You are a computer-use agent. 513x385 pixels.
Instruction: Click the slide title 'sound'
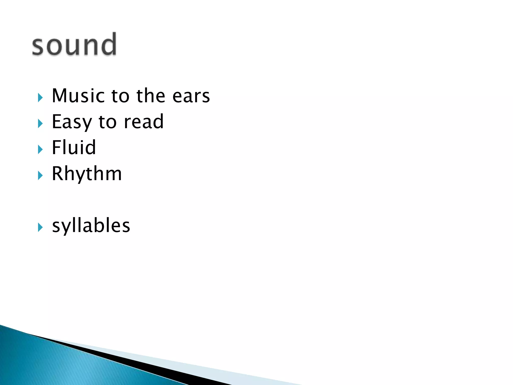(74, 45)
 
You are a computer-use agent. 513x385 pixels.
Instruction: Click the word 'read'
(144, 122)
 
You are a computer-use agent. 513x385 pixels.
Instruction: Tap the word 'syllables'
(91, 226)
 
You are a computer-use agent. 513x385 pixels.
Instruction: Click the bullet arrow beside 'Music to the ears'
(40, 98)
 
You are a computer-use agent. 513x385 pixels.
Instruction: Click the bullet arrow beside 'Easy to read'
(40, 124)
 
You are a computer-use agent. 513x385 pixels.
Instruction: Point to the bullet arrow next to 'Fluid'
(40, 150)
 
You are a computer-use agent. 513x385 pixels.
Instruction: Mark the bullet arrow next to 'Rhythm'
(40, 175)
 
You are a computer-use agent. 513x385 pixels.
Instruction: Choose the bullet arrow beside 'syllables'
(40, 228)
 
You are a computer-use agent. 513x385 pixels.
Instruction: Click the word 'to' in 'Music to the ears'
(120, 96)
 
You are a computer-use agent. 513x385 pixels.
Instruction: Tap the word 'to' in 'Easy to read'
(107, 122)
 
